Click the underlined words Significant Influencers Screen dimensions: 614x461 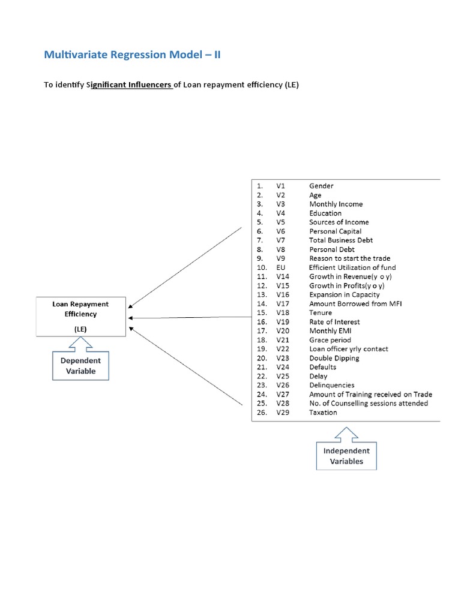pyautogui.click(x=131, y=85)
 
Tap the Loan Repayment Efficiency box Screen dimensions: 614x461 pyautogui.click(x=82, y=316)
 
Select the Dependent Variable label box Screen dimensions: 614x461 pyautogui.click(x=81, y=366)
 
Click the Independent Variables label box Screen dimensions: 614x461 pyautogui.click(x=346, y=456)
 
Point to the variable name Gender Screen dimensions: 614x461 pyautogui.click(x=321, y=186)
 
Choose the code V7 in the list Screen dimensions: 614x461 pyautogui.click(x=282, y=240)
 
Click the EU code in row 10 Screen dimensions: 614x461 pyautogui.click(x=281, y=267)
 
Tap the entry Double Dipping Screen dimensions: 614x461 pyautogui.click(x=334, y=358)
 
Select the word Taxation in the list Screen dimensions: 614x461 pyautogui.click(x=323, y=413)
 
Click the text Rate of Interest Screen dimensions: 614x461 pyautogui.click(x=334, y=322)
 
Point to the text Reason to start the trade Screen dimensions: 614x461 pyautogui.click(x=349, y=258)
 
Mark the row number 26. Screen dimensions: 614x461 pyautogui.click(x=261, y=413)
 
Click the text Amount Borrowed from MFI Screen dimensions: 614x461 pyautogui.click(x=355, y=303)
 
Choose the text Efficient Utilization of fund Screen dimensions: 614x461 pyautogui.click(x=352, y=267)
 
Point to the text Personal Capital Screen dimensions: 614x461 pyautogui.click(x=336, y=231)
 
